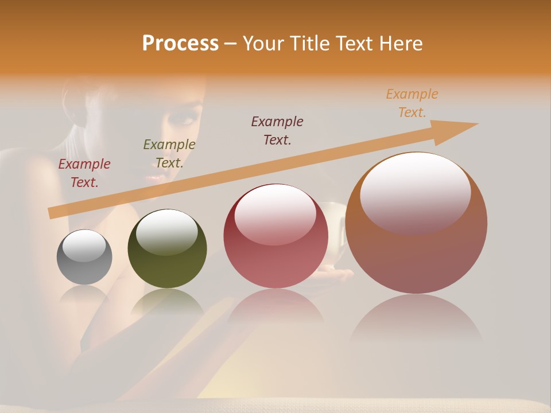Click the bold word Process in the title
point(180,44)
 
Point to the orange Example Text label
point(412,103)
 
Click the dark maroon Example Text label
point(277,130)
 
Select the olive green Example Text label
point(169,154)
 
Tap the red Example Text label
point(84,173)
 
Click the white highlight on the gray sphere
point(84,246)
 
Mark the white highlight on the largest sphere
point(415,192)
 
